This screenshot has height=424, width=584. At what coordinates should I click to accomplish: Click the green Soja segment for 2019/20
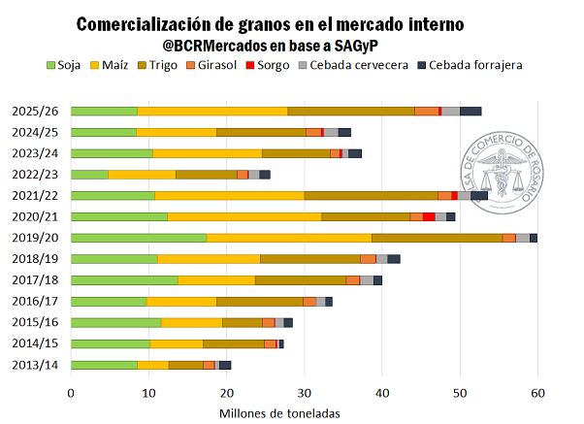139,238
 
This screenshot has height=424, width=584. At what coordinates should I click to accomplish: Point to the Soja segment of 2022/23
89,174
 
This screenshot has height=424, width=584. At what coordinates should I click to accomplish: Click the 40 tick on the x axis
383,392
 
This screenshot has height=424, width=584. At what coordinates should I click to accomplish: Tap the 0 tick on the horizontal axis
71,392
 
